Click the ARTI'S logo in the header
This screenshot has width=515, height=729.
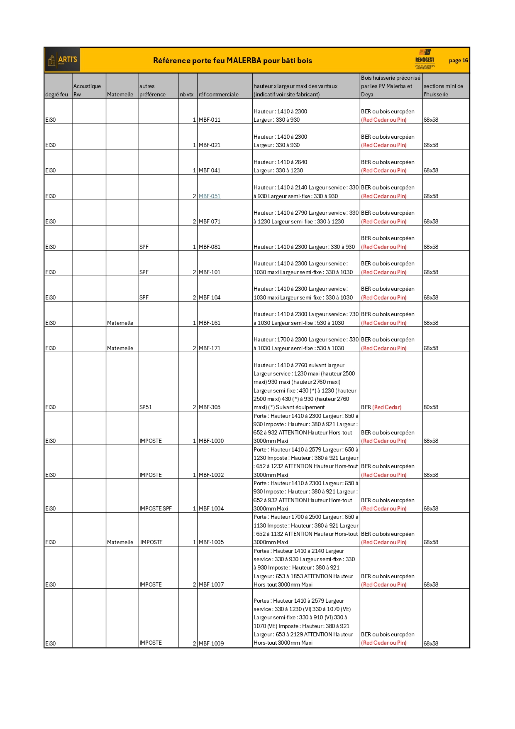pos(63,60)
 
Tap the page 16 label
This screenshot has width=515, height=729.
pos(458,61)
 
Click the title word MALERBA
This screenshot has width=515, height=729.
pos(244,61)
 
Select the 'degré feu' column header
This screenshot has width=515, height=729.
pos(56,95)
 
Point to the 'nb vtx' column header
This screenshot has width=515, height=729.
pos(186,95)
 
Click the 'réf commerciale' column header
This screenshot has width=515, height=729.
pos(219,95)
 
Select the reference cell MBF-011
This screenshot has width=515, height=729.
pos(210,120)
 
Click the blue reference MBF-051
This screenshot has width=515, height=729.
pos(210,196)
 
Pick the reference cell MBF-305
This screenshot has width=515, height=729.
pos(210,407)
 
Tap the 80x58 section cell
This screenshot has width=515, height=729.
pos(431,407)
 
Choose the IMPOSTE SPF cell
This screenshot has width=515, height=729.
pos(156,509)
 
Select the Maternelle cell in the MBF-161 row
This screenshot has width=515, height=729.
pos(120,323)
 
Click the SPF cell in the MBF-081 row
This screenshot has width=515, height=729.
pos(144,247)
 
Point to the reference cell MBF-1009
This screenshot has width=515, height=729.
pos(211,644)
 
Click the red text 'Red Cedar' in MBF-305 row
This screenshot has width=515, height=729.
pos(387,407)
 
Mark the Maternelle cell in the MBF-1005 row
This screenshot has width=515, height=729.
pos(120,542)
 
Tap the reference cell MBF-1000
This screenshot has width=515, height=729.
pos(211,441)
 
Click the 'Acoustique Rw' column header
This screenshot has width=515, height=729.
pos(87,90)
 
